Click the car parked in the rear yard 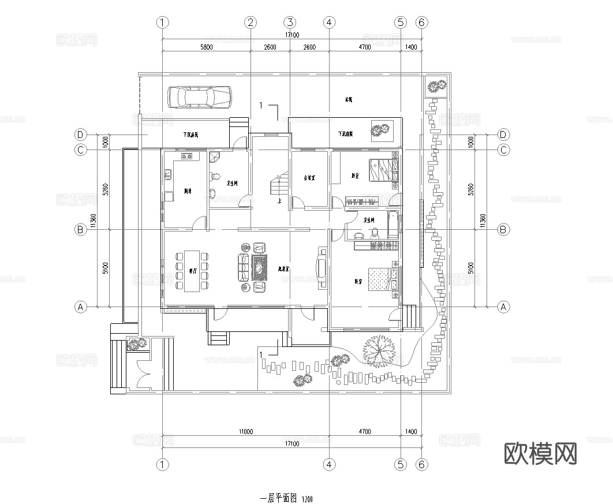[x=199, y=97]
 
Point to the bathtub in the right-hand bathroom [x=394, y=225]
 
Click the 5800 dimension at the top [x=206, y=47]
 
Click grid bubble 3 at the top [x=290, y=23]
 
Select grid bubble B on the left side [x=81, y=230]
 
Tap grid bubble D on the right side [x=503, y=135]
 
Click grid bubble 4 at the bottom [x=329, y=464]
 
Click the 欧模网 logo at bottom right [x=540, y=454]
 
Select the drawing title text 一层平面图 [x=278, y=497]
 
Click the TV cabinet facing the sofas [x=322, y=268]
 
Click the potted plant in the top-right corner [x=435, y=87]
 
